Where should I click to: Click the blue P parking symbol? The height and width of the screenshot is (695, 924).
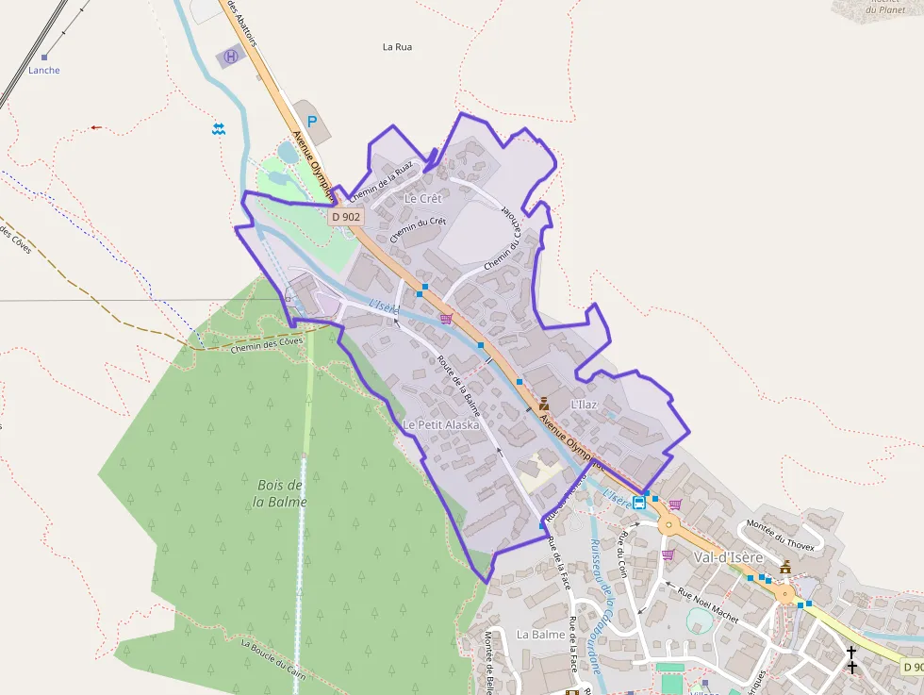click(311, 121)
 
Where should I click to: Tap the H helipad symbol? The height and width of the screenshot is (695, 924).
click(231, 57)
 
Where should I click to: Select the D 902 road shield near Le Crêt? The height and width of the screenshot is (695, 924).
click(346, 217)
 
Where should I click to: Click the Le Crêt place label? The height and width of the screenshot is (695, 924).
click(422, 199)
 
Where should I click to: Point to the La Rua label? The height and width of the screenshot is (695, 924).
click(397, 46)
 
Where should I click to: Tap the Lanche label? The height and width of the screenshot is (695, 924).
click(44, 71)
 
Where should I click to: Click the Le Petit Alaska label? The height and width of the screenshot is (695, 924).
click(440, 425)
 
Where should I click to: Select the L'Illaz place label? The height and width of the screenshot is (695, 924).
click(585, 404)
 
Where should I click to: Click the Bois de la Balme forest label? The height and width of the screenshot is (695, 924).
click(280, 493)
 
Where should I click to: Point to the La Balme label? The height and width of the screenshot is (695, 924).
click(540, 635)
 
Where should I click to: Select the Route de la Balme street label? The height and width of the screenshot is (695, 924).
click(458, 384)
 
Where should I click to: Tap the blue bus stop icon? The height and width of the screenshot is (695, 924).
click(639, 502)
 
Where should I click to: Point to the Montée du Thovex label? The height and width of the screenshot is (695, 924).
click(780, 533)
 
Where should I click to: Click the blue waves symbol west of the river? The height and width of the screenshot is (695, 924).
click(219, 128)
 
